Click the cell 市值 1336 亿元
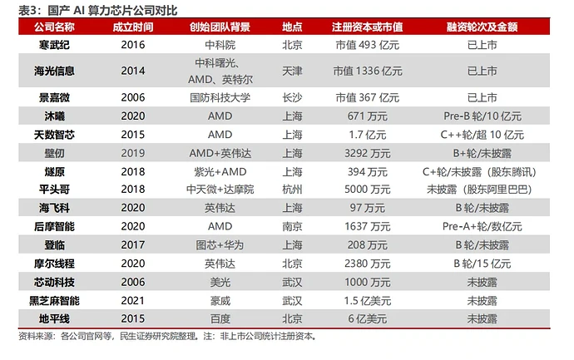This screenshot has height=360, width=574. pos(367,71)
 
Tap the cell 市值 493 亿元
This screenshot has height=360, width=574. pos(367,43)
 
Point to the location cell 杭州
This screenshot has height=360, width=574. pos(292,190)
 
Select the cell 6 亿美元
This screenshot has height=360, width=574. pos(367,318)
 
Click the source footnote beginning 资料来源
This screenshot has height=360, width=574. pos(166,337)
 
